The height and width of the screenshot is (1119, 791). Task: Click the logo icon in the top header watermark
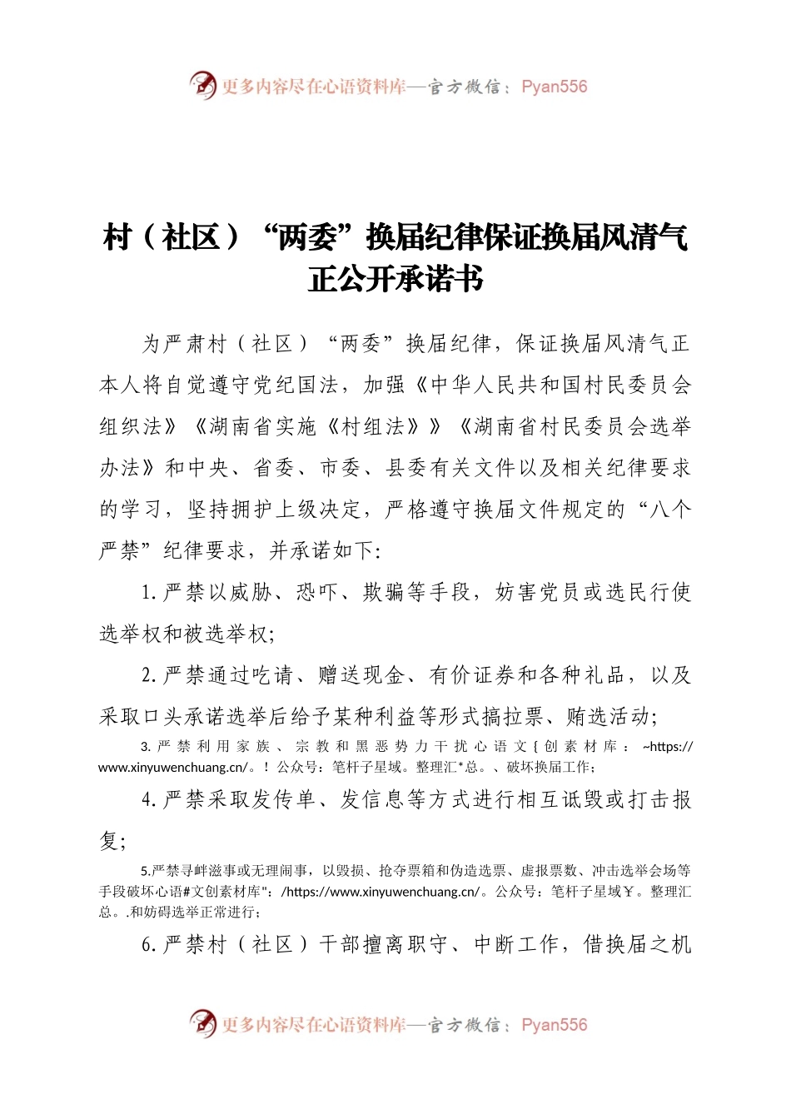click(x=202, y=85)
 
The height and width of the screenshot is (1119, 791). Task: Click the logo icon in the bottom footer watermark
click(x=202, y=1023)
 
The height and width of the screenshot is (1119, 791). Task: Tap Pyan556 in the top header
click(x=554, y=87)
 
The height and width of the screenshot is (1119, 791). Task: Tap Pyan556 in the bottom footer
click(x=554, y=1025)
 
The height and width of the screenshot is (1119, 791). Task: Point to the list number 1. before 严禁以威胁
click(x=150, y=593)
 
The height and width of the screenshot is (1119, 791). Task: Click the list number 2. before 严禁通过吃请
click(x=150, y=675)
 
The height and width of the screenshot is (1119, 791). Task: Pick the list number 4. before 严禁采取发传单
click(x=150, y=800)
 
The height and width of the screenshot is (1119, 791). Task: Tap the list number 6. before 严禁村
click(x=150, y=944)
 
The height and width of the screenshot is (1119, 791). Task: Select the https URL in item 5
click(x=382, y=892)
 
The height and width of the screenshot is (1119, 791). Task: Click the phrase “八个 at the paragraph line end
click(x=661, y=510)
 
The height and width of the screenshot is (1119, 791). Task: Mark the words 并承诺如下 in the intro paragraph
click(x=324, y=551)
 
